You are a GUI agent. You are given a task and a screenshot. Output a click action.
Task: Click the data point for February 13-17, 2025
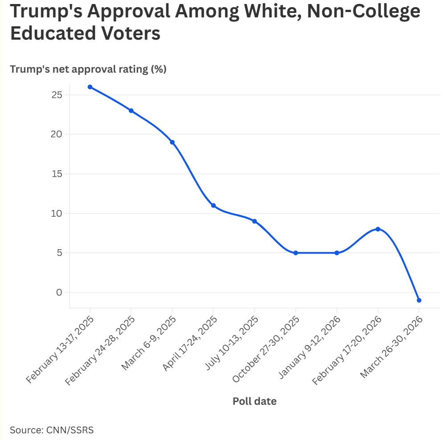(90, 87)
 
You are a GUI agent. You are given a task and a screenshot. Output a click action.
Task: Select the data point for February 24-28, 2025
(131, 111)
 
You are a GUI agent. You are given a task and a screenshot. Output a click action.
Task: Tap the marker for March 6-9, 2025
(172, 142)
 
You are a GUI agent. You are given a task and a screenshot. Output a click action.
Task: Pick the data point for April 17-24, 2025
(214, 206)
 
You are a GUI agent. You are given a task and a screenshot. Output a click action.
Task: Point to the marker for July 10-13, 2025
(255, 221)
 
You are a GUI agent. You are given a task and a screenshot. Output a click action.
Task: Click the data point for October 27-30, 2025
(296, 253)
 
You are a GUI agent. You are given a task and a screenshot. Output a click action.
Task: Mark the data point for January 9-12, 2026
(337, 253)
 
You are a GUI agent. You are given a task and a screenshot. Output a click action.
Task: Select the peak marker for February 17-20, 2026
(378, 229)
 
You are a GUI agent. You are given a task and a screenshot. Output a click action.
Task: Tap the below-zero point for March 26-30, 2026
(419, 300)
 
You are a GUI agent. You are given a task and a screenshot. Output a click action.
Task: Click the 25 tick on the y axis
(57, 95)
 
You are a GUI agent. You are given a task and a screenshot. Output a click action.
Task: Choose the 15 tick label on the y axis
(57, 174)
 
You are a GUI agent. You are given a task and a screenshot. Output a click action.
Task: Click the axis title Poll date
(255, 401)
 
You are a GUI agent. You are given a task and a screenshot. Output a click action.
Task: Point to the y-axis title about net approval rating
(88, 70)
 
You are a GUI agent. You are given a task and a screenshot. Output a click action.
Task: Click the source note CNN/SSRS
(52, 430)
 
